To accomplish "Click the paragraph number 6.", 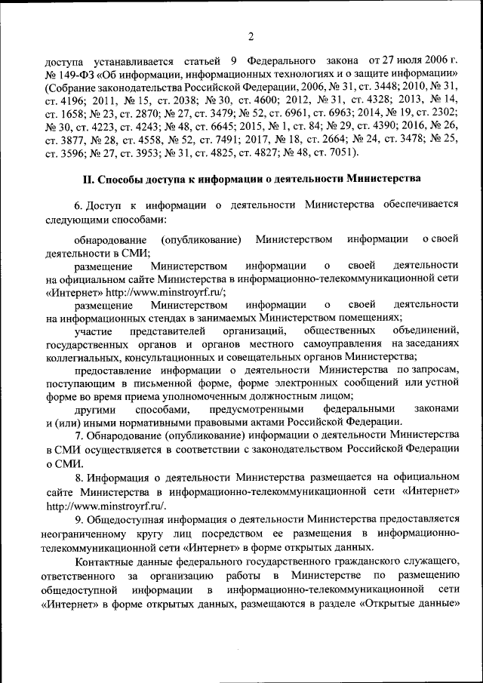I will tap(78, 206).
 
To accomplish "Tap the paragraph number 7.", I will tap(78, 436).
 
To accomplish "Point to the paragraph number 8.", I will tap(78, 477).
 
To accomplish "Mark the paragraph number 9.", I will tap(78, 518).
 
